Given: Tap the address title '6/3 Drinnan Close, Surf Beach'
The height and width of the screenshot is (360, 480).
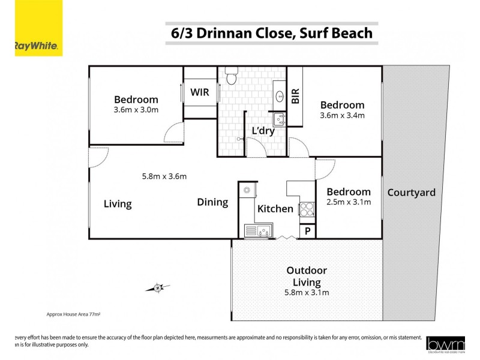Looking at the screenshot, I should (269, 34).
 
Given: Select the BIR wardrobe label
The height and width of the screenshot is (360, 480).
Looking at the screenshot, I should (295, 97).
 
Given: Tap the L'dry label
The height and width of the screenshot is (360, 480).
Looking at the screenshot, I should (263, 131).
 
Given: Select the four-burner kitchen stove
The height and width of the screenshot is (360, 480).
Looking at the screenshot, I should (307, 209).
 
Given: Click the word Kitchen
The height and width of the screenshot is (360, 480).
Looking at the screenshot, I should (275, 209).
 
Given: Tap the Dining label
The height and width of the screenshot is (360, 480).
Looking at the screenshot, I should (212, 202).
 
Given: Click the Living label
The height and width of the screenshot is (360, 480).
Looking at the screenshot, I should (118, 204).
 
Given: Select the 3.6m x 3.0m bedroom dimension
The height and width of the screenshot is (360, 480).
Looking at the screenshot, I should (136, 110).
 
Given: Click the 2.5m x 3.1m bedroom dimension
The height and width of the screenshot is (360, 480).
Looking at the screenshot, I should (349, 202).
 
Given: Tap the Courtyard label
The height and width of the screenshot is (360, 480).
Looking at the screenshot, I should (411, 193).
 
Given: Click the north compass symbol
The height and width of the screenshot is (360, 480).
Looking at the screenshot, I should (157, 287).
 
